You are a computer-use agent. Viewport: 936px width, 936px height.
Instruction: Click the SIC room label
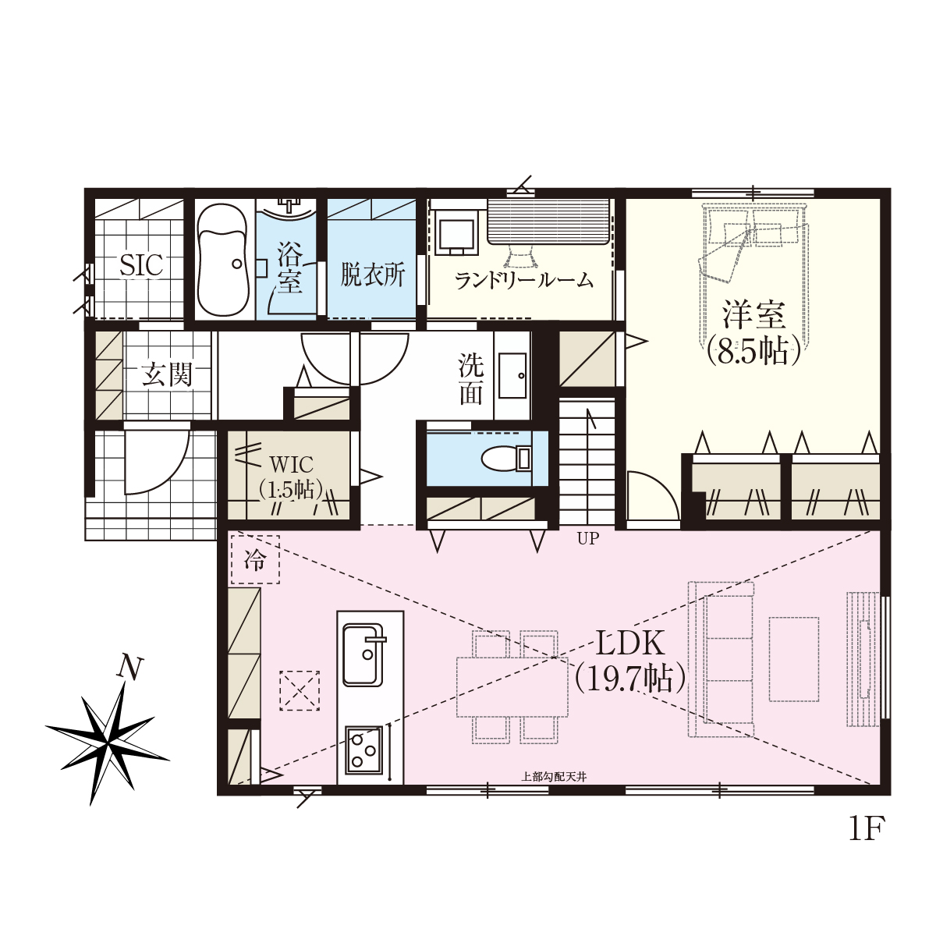click(141, 265)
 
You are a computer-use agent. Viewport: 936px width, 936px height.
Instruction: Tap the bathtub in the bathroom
click(224, 261)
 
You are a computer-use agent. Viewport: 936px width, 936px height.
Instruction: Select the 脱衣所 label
click(372, 275)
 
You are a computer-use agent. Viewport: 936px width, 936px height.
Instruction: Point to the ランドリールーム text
click(525, 280)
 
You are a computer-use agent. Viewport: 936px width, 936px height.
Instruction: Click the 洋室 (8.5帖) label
click(753, 333)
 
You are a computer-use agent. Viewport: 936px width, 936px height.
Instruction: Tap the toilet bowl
click(505, 459)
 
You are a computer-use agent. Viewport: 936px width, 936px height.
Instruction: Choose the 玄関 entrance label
click(168, 375)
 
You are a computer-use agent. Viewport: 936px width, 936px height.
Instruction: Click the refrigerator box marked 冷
click(256, 559)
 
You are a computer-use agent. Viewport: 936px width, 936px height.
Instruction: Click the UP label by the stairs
click(588, 538)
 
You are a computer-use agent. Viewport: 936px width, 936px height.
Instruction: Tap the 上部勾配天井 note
click(554, 777)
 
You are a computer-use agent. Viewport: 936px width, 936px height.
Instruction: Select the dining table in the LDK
click(512, 687)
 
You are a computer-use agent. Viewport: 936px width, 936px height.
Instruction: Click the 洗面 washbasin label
click(470, 380)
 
